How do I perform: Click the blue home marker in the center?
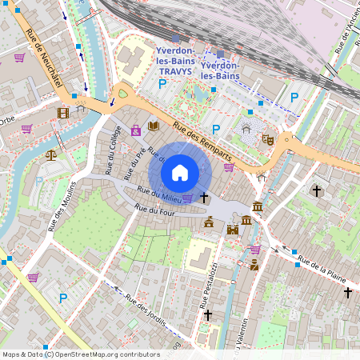tap(180, 172)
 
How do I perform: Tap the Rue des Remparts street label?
tap(197, 130)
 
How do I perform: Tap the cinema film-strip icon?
tap(63, 112)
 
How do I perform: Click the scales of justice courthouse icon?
tap(52, 154)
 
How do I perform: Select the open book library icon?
tap(154, 126)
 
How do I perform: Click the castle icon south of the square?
tap(233, 230)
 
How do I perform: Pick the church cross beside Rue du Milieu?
tap(204, 196)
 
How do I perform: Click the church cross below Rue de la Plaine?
tap(347, 293)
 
